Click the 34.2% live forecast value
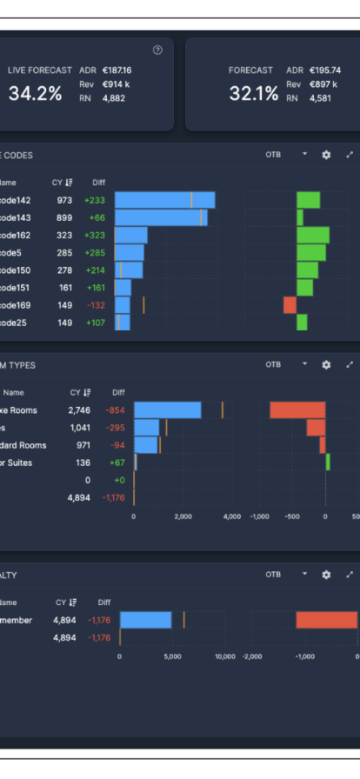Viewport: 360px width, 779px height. tap(35, 94)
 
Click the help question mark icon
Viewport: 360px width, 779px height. tap(157, 50)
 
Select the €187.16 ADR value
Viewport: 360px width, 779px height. tap(117, 70)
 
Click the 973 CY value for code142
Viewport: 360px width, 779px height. tap(64, 200)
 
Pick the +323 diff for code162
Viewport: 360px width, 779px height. tap(94, 236)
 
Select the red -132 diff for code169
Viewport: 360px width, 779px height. tap(96, 305)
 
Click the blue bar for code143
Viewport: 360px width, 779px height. tap(161, 217)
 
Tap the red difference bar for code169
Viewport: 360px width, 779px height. tap(290, 305)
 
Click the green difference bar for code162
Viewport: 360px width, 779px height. tap(313, 236)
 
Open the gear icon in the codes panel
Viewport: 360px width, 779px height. tap(326, 155)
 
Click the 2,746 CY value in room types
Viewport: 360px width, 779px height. tap(79, 410)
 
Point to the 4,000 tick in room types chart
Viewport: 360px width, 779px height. tap(231, 516)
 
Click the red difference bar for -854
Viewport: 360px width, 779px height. tap(297, 410)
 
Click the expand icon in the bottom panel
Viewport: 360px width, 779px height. tap(350, 575)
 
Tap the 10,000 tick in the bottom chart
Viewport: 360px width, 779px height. tap(224, 656)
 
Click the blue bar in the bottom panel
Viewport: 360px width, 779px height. tap(145, 620)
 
